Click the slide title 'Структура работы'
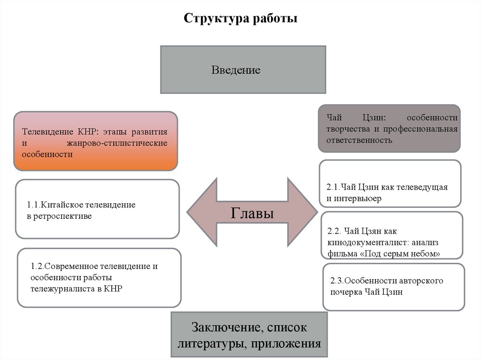(240, 19)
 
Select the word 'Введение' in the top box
(236, 70)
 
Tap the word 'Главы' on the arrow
(253, 213)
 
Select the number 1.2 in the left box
(37, 266)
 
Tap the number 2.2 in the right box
(334, 231)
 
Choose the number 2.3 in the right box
(336, 281)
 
